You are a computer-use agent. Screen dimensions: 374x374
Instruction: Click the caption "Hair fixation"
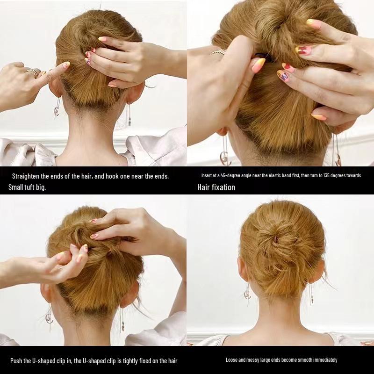(x=216, y=187)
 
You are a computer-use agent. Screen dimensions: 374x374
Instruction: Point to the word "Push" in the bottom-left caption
(x=17, y=361)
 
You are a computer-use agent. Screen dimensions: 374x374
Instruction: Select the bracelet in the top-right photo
(x=218, y=52)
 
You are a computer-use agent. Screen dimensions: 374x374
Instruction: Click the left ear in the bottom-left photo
(x=45, y=292)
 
